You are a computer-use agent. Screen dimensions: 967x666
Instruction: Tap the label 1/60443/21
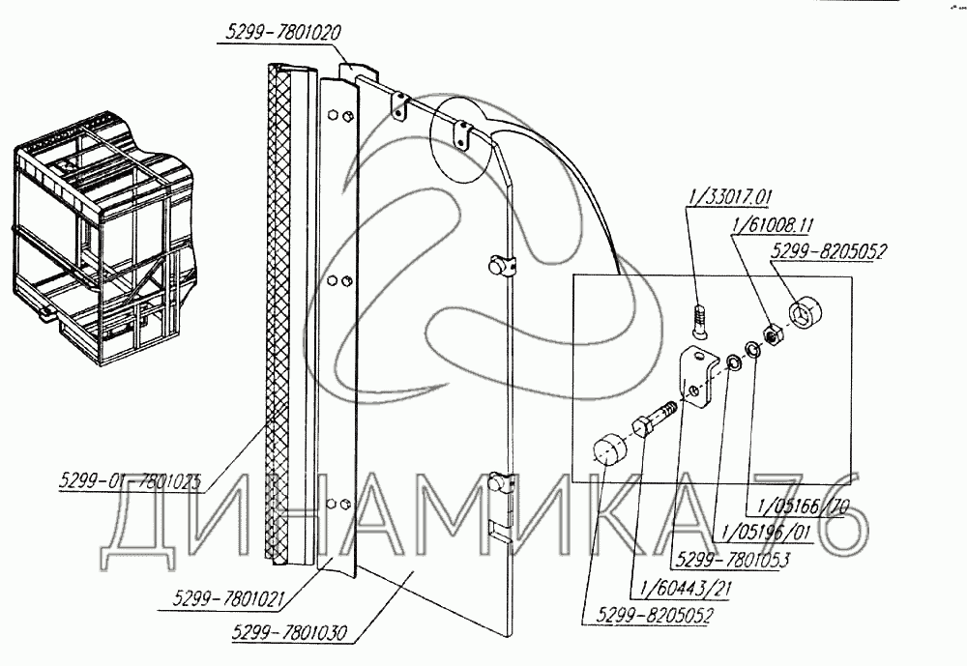pyautogui.click(x=673, y=587)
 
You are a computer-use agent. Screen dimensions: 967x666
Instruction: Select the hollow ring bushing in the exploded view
pyautogui.click(x=808, y=316)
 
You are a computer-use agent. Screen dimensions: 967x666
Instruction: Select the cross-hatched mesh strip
pyautogui.click(x=278, y=314)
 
